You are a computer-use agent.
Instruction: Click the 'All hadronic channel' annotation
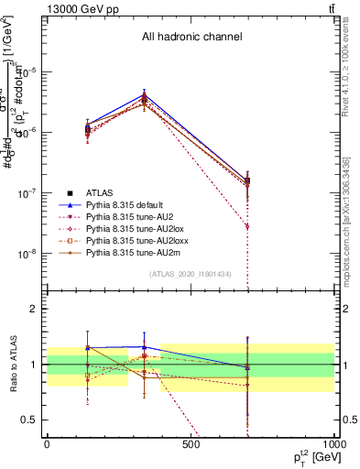[191, 38]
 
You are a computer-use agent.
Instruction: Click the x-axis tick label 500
[191, 445]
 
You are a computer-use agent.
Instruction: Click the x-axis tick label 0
[47, 445]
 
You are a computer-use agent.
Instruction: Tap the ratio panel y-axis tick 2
[33, 309]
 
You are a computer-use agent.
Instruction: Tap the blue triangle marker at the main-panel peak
[144, 93]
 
